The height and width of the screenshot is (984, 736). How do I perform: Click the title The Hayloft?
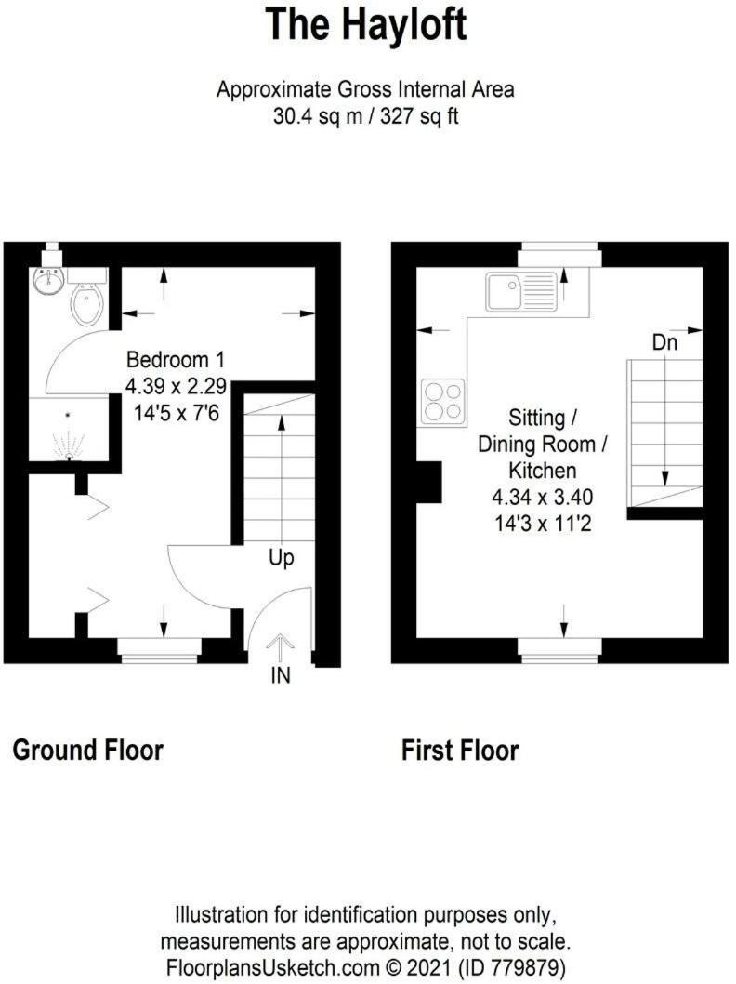(367, 25)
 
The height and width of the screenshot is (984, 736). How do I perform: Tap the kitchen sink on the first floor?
(521, 291)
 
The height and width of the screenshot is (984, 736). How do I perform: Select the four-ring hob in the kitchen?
(443, 401)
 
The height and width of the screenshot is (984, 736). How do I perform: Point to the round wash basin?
(47, 282)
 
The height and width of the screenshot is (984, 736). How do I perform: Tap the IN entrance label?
(281, 675)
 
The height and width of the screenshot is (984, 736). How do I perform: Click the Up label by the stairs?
(282, 558)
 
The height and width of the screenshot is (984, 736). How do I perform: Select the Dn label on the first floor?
(665, 342)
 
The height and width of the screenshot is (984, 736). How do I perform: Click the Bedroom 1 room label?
(175, 360)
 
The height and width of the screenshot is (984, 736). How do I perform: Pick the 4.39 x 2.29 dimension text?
(177, 386)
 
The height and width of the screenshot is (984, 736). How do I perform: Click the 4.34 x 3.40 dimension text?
(543, 497)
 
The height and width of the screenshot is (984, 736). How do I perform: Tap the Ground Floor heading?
(87, 750)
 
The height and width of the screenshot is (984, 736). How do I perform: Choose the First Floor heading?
(460, 751)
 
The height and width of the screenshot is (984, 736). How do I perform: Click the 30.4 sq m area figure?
(318, 116)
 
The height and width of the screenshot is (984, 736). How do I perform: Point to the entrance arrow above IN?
(280, 649)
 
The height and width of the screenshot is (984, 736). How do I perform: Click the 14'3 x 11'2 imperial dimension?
(543, 524)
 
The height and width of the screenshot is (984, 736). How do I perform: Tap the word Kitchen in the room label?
(543, 470)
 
